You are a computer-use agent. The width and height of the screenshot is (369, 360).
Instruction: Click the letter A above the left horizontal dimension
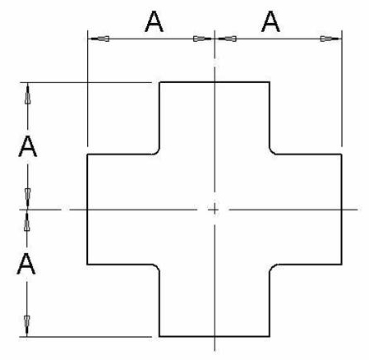154,21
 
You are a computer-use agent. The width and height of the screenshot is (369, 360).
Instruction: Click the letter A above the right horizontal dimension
270,21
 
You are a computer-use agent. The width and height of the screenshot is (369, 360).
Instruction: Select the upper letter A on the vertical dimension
27,147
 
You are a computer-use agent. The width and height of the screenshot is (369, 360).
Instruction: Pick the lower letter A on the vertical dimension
26,263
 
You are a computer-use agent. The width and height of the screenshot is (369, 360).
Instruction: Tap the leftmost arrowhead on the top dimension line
100,39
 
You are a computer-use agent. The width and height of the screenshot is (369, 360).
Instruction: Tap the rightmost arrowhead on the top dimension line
331,39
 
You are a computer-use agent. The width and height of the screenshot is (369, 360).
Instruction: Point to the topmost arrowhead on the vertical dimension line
27,95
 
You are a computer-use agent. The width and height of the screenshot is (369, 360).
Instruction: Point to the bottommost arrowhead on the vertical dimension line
27,325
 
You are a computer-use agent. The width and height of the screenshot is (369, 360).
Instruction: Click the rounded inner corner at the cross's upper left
157,151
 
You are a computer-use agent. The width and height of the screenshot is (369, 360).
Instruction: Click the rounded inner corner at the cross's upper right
272,151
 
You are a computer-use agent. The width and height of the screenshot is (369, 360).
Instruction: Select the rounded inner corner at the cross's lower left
157,267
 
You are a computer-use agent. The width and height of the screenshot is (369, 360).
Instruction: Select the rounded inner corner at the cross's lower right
272,268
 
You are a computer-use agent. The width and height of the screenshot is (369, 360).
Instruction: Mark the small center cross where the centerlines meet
214,210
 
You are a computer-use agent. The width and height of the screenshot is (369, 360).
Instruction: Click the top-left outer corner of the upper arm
159,82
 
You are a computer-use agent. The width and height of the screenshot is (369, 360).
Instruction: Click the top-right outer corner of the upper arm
270,82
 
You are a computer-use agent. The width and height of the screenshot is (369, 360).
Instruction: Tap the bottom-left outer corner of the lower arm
159,336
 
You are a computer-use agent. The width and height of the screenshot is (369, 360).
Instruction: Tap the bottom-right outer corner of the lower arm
270,336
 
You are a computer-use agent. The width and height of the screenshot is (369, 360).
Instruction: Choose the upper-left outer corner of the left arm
87,155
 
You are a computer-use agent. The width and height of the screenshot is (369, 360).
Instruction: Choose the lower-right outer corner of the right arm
342,265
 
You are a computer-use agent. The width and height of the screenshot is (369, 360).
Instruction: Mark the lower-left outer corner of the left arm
87,265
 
